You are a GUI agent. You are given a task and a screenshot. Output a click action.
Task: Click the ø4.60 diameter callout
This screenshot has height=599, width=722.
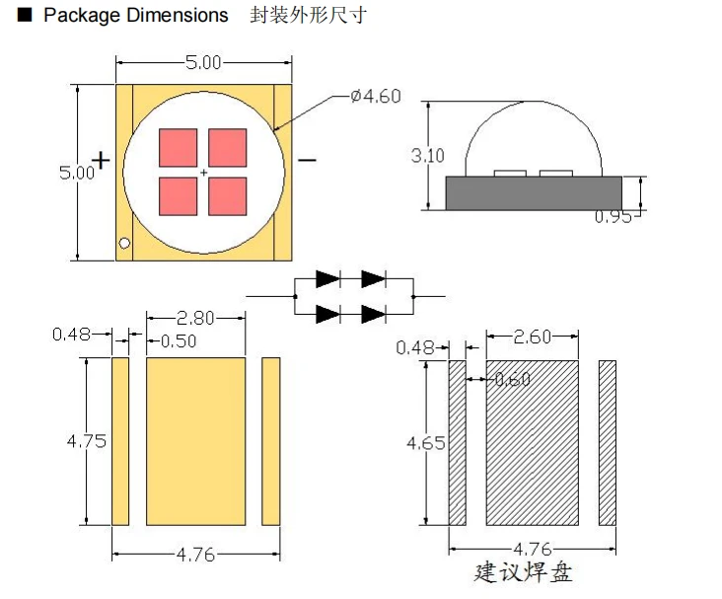point(375,97)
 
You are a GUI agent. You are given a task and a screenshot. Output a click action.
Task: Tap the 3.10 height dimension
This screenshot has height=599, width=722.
point(428,156)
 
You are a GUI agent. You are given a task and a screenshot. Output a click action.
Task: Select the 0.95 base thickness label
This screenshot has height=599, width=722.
point(613,216)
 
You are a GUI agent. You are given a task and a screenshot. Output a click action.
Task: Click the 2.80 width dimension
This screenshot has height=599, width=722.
point(195,318)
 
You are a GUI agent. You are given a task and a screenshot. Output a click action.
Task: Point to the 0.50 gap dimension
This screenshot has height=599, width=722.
point(179,341)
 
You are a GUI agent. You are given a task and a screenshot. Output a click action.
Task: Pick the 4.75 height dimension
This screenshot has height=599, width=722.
point(87,441)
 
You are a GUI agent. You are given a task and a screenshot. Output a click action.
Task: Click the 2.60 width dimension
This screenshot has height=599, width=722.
point(533,337)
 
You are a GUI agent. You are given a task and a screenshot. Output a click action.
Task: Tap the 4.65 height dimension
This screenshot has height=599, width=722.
point(426,443)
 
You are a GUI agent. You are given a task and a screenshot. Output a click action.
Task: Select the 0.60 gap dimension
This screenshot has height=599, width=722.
point(513,379)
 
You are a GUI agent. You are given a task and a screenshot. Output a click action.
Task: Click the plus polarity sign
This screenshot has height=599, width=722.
point(101,160)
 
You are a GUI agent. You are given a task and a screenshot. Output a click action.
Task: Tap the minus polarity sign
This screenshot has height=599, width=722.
point(307,160)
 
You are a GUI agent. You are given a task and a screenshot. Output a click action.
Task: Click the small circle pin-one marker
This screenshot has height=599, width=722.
point(124,243)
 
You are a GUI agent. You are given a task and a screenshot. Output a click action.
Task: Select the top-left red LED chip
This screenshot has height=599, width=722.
point(179,147)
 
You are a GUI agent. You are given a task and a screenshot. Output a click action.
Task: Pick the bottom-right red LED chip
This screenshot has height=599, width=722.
point(228,196)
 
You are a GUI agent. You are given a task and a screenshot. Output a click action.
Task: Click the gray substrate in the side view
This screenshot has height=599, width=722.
point(534,193)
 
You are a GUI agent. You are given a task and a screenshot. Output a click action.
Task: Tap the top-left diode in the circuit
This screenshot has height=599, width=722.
point(327,278)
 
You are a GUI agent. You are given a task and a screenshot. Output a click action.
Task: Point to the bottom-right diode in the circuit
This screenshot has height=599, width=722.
point(374,314)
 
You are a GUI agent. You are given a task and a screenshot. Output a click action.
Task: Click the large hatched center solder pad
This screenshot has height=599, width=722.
point(533,443)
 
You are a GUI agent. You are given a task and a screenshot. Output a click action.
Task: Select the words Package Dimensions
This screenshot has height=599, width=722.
point(136,15)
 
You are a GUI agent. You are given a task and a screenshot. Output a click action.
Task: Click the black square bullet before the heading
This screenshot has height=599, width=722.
point(25,15)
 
